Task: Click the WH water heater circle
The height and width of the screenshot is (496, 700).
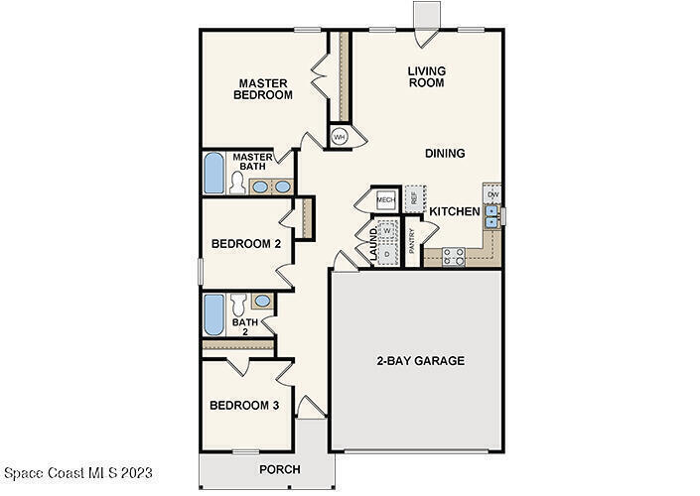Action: click(340, 137)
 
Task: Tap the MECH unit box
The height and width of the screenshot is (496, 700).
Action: click(385, 200)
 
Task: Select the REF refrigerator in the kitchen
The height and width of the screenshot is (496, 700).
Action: click(414, 199)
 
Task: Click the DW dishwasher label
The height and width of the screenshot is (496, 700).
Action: click(492, 194)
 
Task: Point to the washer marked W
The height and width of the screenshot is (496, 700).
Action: click(387, 230)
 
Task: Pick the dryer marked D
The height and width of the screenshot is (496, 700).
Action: click(387, 254)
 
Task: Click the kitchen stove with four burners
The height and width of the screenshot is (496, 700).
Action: click(454, 257)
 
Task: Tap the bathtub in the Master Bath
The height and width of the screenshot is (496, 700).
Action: click(214, 173)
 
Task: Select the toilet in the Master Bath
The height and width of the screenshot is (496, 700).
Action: click(237, 184)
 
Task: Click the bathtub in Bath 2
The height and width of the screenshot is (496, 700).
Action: click(214, 314)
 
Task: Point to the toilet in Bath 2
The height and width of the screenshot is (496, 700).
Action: click(238, 305)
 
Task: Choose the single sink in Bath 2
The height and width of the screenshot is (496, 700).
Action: click(262, 302)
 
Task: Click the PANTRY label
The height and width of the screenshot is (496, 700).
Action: click(412, 241)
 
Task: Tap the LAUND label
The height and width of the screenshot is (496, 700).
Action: click(373, 244)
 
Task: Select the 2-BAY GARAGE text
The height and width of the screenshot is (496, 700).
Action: click(421, 360)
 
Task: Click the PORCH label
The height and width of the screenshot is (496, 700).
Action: click(280, 469)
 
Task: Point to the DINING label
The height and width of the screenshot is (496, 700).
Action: click(445, 153)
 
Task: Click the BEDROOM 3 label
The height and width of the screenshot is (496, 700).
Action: click(244, 405)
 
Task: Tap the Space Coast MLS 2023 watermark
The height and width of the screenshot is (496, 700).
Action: click(78, 473)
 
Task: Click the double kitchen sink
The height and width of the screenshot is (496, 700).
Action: click(491, 216)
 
